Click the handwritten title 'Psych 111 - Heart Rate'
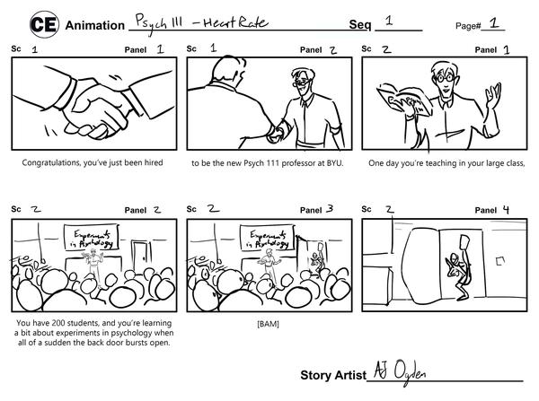pyautogui.click(x=201, y=23)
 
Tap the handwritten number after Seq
pyautogui.click(x=389, y=21)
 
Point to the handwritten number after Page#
pyautogui.click(x=494, y=22)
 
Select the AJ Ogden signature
pyautogui.click(x=400, y=372)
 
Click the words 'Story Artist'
pyautogui.click(x=333, y=375)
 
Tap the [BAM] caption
pyautogui.click(x=268, y=324)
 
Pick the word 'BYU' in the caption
pyautogui.click(x=334, y=162)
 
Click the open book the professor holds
pyautogui.click(x=405, y=100)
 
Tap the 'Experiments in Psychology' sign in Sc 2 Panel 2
pyautogui.click(x=92, y=238)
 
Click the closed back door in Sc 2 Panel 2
pyautogui.click(x=140, y=257)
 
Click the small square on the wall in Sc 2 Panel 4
pyautogui.click(x=500, y=261)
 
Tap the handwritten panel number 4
pyautogui.click(x=506, y=209)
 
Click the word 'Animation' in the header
pyautogui.click(x=95, y=25)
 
